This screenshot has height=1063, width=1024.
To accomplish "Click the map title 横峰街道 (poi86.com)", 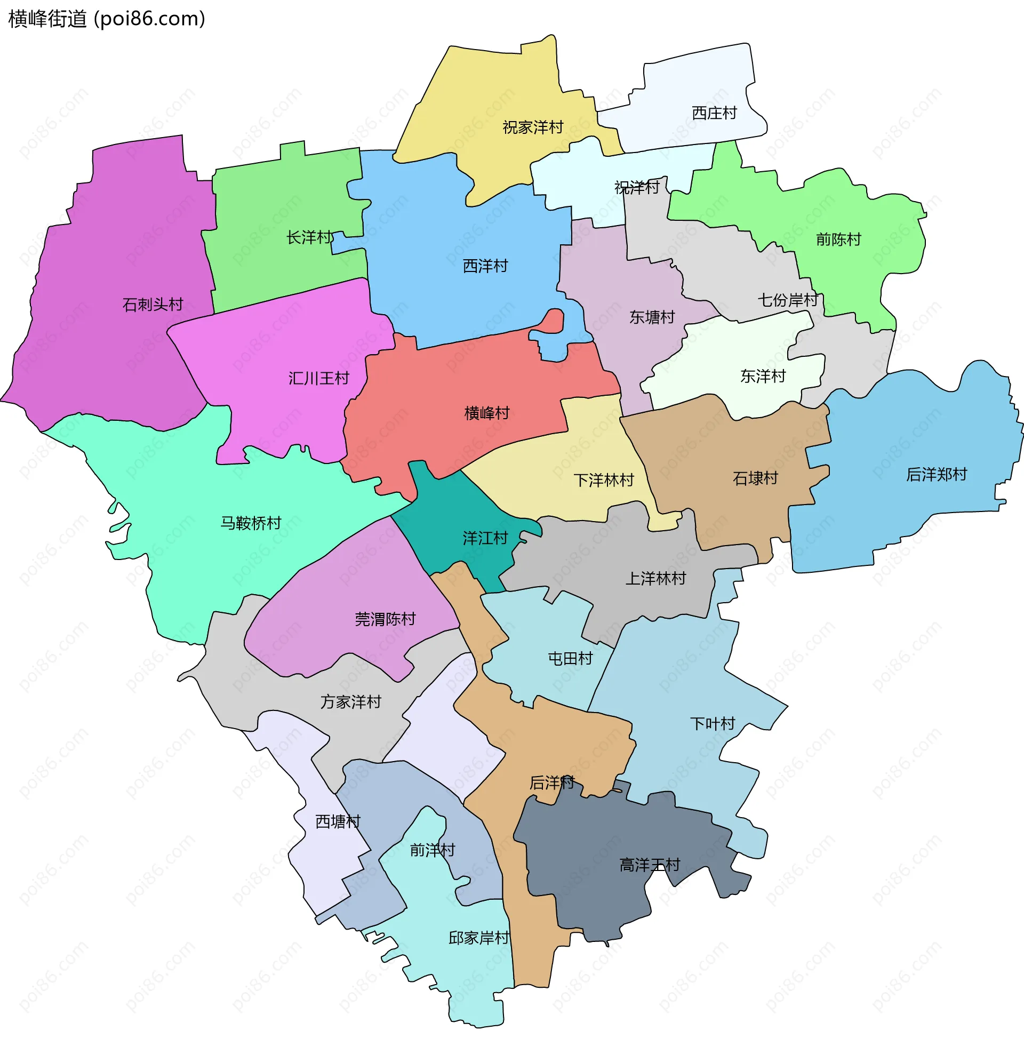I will click(x=107, y=19).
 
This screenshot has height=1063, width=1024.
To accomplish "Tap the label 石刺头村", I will click(x=153, y=304).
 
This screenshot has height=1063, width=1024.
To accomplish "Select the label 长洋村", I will click(x=310, y=237).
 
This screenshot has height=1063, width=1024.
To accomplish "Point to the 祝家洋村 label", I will click(x=533, y=127).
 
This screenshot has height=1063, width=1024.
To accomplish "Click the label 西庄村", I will click(x=714, y=113).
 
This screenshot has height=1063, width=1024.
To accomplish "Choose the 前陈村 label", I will click(x=838, y=239).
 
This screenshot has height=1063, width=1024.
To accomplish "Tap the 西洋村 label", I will click(x=485, y=266).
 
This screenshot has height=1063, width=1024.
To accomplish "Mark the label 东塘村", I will click(x=652, y=317).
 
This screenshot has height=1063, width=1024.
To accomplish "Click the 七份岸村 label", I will click(x=788, y=300).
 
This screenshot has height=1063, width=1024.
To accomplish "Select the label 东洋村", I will click(x=763, y=376).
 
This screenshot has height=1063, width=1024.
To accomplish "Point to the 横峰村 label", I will click(x=486, y=413).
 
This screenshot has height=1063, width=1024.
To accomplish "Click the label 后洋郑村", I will click(x=936, y=475).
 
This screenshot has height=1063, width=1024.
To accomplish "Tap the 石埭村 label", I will click(x=755, y=478).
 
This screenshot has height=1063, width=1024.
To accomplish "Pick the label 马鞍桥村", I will click(x=251, y=523).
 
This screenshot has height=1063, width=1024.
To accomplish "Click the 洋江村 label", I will click(x=485, y=538).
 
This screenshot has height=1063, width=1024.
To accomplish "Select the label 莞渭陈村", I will click(x=385, y=619).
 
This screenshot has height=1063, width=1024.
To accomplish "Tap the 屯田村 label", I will click(x=570, y=658).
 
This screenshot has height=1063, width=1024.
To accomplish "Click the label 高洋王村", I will click(x=649, y=865).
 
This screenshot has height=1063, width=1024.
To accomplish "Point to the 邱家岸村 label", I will click(x=478, y=938).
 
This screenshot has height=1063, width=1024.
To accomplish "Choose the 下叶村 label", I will click(x=712, y=723).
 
